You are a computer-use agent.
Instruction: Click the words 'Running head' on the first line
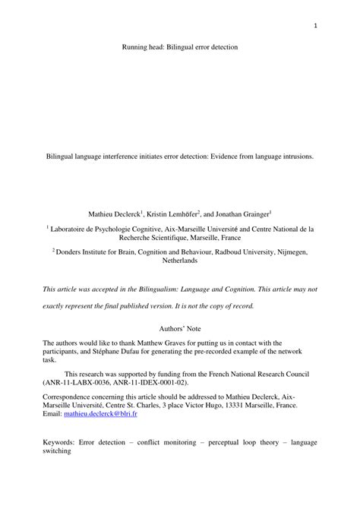(x=143, y=47)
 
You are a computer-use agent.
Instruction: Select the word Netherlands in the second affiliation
(x=180, y=260)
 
